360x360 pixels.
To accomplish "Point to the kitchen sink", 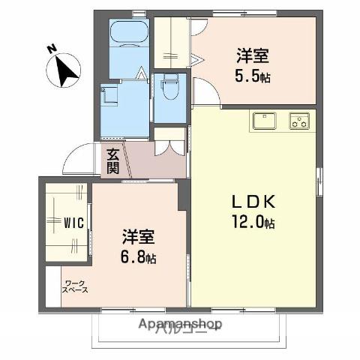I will [x=263, y=120].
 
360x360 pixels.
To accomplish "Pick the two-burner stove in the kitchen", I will [x=300, y=120].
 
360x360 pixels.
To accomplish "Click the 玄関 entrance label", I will [x=112, y=160].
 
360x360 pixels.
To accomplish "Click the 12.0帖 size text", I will [x=253, y=223].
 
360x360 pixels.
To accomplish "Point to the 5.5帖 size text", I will [x=253, y=76].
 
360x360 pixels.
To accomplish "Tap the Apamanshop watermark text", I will [x=179, y=324].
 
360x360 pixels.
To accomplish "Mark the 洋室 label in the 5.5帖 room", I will [x=252, y=55].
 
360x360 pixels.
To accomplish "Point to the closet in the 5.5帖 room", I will [x=171, y=41].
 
